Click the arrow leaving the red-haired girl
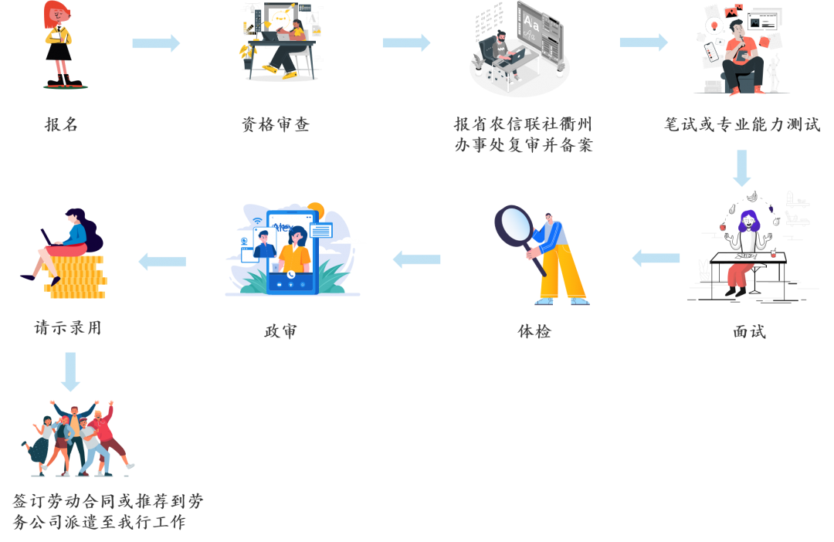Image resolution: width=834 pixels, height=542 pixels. click(x=156, y=43)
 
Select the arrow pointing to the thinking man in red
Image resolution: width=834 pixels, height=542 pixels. click(x=643, y=42)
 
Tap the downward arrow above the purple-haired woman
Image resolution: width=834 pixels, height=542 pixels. click(x=741, y=168)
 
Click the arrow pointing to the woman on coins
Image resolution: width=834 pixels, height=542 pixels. click(x=162, y=262)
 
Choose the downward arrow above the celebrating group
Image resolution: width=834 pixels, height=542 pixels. click(x=70, y=371)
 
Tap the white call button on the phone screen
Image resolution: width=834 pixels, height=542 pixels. click(x=290, y=274)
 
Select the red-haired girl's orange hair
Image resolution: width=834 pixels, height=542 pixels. click(x=54, y=12)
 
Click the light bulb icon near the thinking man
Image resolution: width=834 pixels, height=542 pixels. click(x=714, y=27)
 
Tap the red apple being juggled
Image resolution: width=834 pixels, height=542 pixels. click(x=723, y=228)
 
